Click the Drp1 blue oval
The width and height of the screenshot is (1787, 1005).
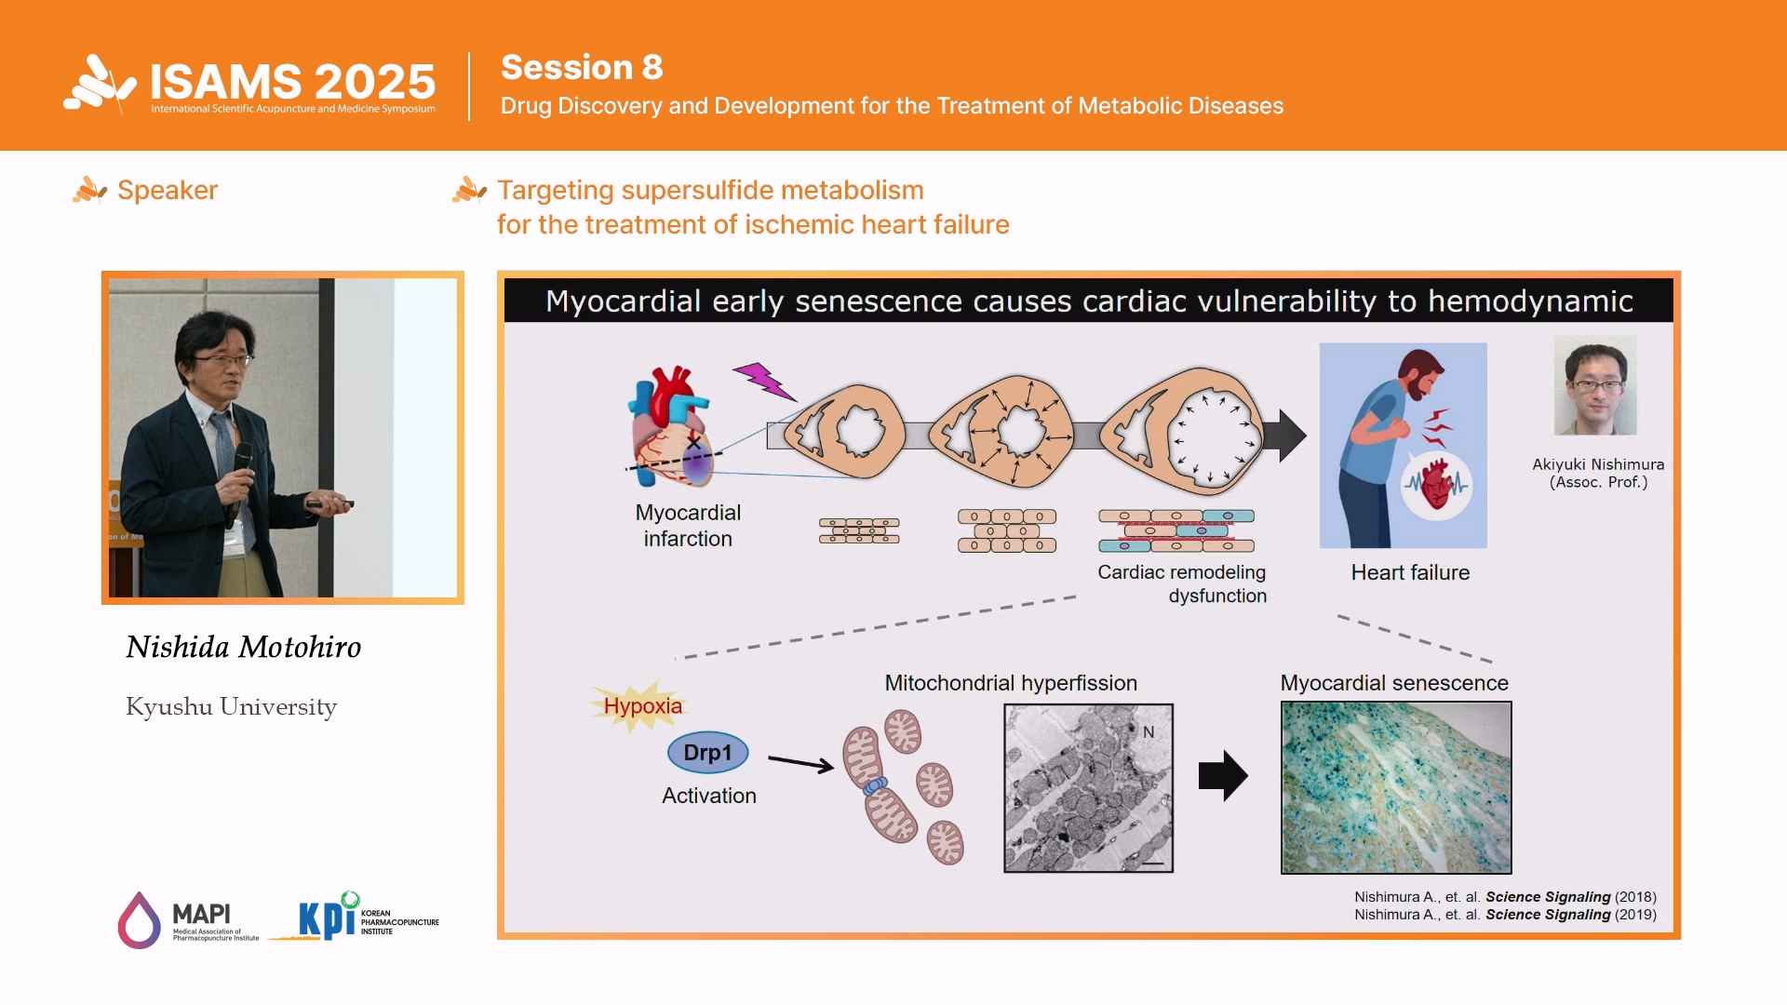click(707, 752)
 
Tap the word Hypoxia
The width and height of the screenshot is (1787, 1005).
click(642, 705)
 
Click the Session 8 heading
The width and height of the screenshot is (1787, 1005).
click(582, 67)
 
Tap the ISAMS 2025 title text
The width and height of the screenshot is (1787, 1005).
click(292, 82)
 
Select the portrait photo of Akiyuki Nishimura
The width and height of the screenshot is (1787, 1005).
click(1595, 385)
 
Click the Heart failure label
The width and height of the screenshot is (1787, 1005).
click(1410, 572)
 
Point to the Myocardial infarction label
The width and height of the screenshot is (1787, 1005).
click(688, 526)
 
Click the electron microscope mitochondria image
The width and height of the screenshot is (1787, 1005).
click(1088, 788)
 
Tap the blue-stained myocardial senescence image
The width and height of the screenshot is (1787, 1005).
click(1396, 788)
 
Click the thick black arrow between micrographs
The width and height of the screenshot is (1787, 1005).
click(1223, 775)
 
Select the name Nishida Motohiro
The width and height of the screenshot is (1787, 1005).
click(243, 647)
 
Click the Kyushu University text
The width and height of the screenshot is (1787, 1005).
click(231, 707)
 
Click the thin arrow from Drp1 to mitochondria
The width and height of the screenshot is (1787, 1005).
click(800, 764)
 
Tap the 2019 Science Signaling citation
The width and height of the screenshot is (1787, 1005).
click(1505, 915)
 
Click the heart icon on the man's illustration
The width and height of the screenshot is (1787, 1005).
click(1436, 484)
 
